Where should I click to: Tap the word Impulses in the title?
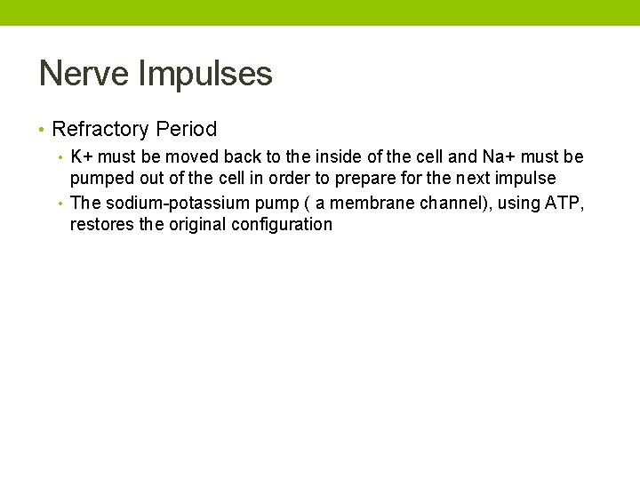pyautogui.click(x=205, y=75)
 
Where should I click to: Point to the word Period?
pyautogui.click(x=186, y=129)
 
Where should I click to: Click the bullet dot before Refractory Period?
pyautogui.click(x=42, y=130)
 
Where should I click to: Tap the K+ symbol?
pyautogui.click(x=82, y=157)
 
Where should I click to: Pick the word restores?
pyautogui.click(x=101, y=225)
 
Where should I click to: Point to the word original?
pyautogui.click(x=196, y=225)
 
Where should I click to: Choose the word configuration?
pyautogui.click(x=282, y=225)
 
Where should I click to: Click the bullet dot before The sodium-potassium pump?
pyautogui.click(x=60, y=204)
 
